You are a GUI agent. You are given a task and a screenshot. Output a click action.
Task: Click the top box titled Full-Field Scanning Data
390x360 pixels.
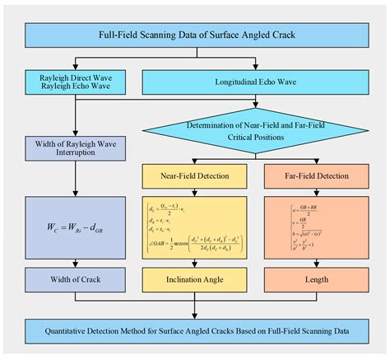coord(195,35)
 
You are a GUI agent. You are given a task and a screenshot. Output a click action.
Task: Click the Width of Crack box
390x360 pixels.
coord(75,278)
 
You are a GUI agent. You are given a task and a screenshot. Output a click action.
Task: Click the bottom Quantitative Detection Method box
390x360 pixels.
coord(195,330)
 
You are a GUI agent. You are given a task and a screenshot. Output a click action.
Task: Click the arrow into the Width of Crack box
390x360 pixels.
coord(75,261)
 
